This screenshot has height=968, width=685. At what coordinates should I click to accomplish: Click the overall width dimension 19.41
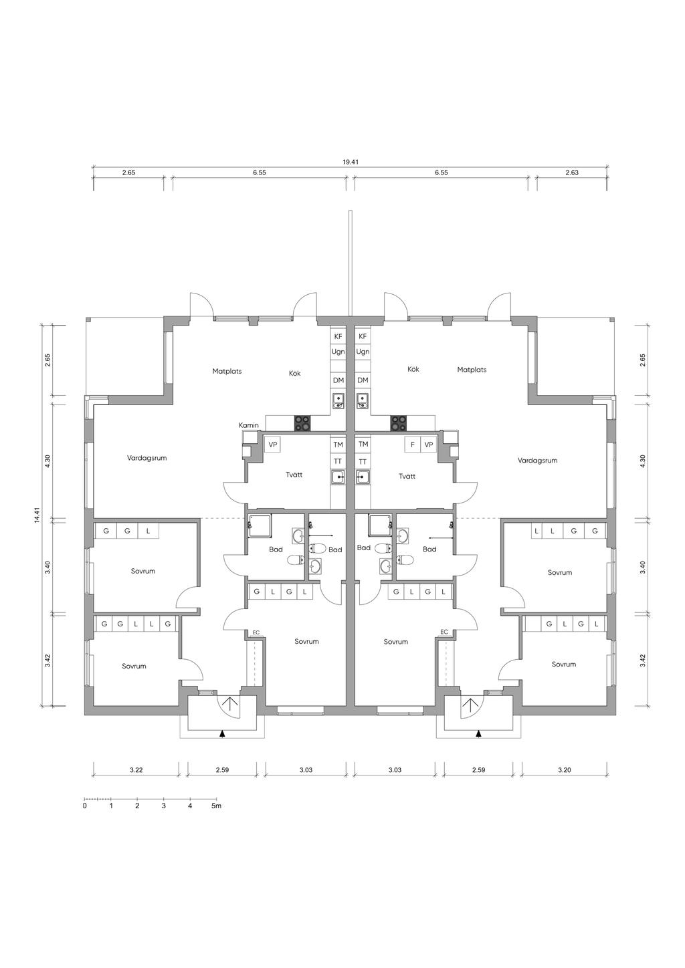(351, 162)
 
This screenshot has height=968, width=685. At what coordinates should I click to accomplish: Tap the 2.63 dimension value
(572, 172)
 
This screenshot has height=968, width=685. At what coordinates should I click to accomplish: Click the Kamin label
(249, 425)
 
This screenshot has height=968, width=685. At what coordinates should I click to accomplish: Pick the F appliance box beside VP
(413, 445)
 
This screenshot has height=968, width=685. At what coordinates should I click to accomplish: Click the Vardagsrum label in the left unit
(146, 458)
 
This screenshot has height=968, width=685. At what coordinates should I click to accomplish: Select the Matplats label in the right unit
(472, 370)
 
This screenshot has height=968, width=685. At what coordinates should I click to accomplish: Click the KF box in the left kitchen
(338, 336)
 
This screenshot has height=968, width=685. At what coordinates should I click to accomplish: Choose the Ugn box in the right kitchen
(363, 352)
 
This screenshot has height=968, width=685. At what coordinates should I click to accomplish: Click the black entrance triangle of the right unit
(478, 734)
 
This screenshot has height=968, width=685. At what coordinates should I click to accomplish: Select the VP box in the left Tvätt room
(272, 445)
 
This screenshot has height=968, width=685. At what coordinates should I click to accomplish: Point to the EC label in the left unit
(256, 632)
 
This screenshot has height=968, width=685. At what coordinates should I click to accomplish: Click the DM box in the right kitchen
(363, 380)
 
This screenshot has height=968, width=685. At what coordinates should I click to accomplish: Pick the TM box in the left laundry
(338, 445)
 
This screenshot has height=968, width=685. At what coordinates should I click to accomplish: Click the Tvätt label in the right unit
(407, 476)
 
